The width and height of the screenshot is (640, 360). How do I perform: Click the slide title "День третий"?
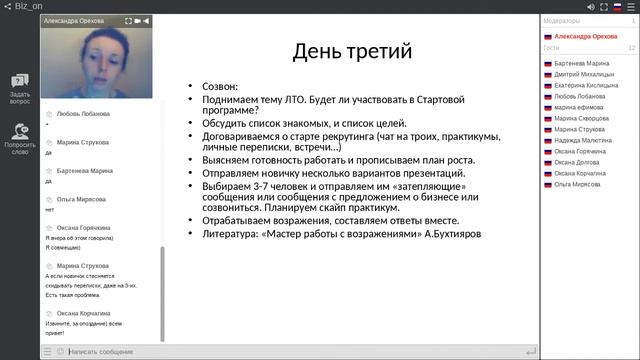pyautogui.click(x=350, y=52)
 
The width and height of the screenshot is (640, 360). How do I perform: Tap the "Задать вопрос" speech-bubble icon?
pyautogui.click(x=19, y=81)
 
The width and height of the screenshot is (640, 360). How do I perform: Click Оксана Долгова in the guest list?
pyautogui.click(x=578, y=163)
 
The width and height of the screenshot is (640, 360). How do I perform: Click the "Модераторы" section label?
pyautogui.click(x=561, y=20)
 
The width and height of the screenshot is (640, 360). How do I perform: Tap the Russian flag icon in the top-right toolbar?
pyautogui.click(x=616, y=6)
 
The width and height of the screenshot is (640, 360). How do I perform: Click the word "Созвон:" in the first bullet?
pyautogui.click(x=222, y=88)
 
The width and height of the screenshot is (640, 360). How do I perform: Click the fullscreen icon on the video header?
pyautogui.click(x=128, y=20)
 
